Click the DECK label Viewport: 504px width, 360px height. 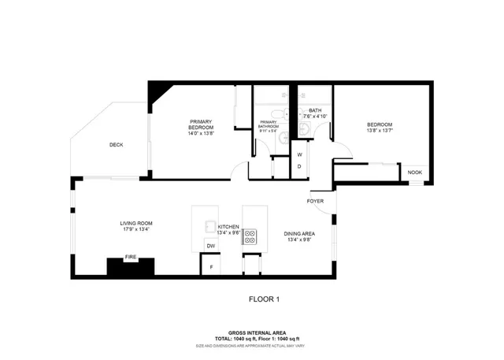coord(116,145)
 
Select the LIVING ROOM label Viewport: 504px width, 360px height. coord(135,223)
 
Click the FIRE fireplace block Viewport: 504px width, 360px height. coord(130,266)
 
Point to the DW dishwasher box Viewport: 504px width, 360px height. coord(210,247)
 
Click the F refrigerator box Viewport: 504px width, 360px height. coord(210,267)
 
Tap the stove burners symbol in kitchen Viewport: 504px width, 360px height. coord(250,234)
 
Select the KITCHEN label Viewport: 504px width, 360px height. coord(228,226)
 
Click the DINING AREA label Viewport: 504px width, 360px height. coord(299,234)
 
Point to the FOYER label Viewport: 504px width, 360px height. coord(317,201)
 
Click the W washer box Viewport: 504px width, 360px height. coord(299,154)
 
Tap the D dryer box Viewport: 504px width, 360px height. coord(299,167)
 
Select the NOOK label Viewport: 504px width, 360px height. coord(413,172)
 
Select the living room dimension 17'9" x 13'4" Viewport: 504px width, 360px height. coord(135,230)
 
